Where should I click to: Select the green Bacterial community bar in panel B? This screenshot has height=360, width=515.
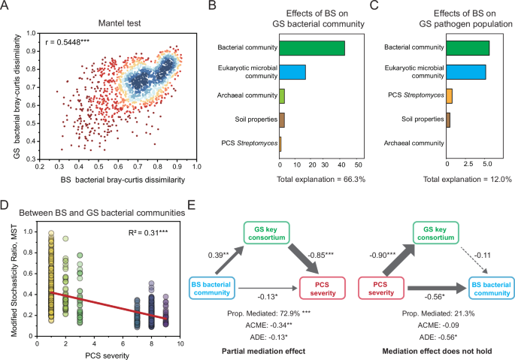pos(312,48)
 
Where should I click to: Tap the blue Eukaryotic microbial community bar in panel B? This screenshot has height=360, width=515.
pos(292,72)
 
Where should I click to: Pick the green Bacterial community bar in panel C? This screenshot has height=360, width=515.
pos(468,48)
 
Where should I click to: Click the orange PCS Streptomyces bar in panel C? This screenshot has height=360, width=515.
pos(449,95)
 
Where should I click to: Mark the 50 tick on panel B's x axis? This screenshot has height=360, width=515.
pos(359,165)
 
